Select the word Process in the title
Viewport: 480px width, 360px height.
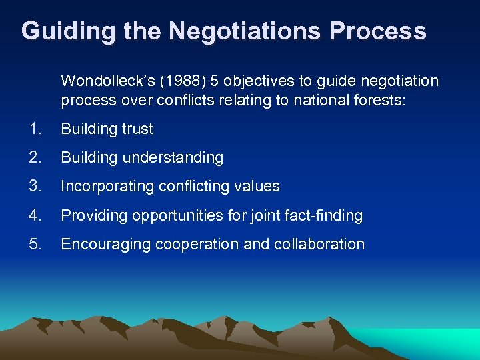(381, 31)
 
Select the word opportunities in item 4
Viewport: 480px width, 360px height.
(168, 216)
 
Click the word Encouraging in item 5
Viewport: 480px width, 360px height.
(106, 245)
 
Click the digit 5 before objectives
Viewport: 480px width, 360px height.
(215, 81)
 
